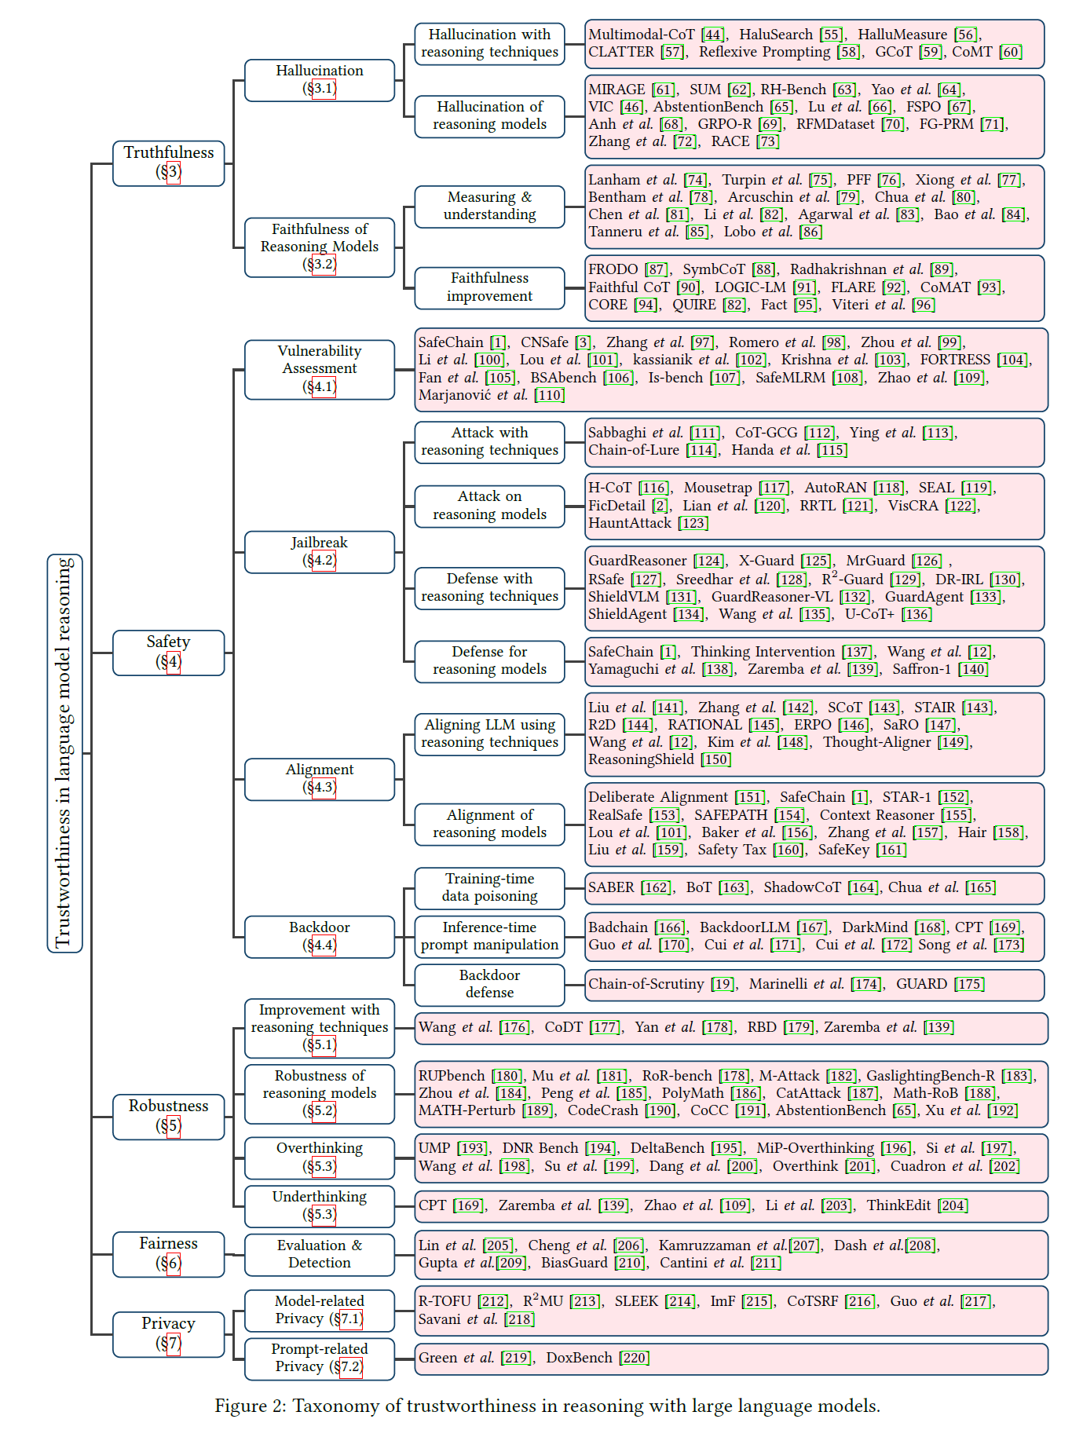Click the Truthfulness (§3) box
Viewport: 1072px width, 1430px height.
point(169,163)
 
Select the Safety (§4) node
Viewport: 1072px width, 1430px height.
point(169,653)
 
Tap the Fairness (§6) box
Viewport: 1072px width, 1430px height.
point(169,1254)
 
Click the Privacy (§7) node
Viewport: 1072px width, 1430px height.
point(169,1334)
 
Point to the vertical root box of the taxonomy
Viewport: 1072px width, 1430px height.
point(65,753)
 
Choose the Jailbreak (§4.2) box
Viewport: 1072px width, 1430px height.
point(320,552)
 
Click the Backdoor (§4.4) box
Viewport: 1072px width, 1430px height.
point(320,937)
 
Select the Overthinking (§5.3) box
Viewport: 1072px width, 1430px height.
point(320,1158)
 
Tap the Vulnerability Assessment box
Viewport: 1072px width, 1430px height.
point(320,369)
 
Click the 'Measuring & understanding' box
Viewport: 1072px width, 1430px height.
point(489,207)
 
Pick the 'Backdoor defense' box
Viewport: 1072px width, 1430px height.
point(489,985)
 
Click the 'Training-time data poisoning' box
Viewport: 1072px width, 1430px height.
point(489,888)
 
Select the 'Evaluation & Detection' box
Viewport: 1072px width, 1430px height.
point(320,1254)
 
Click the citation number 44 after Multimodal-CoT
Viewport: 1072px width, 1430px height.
point(713,35)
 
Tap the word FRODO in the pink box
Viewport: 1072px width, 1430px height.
point(613,269)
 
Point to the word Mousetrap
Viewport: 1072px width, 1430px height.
point(718,488)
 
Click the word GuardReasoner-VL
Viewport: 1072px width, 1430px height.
point(772,597)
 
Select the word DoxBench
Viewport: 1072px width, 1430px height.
point(580,1358)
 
